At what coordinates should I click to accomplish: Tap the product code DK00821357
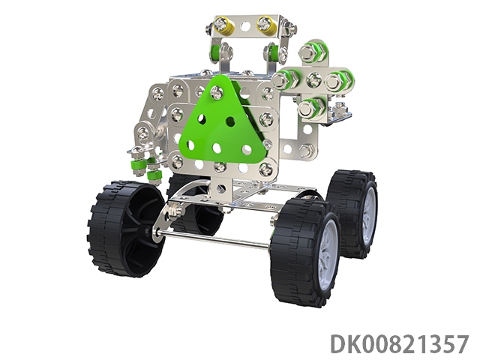pyautogui.click(x=400, y=344)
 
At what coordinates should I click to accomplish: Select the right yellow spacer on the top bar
pyautogui.click(x=265, y=25)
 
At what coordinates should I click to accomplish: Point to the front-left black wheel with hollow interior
pyautogui.click(x=127, y=229)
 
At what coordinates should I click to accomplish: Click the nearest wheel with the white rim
pyautogui.click(x=306, y=253)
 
